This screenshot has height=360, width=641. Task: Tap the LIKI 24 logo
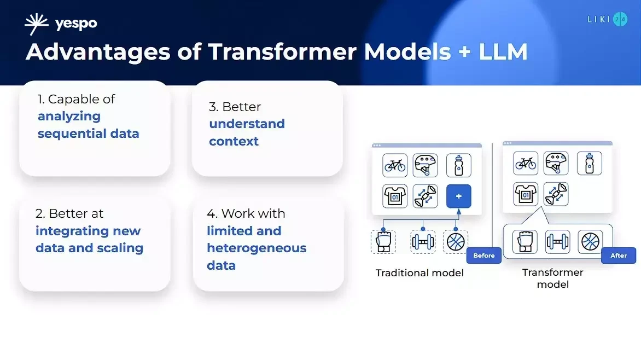607,20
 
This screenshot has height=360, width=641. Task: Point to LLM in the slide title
503,52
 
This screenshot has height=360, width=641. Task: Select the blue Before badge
483,256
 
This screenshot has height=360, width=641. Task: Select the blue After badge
618,256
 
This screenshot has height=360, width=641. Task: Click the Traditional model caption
419,273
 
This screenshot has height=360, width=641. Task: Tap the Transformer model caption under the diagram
552,278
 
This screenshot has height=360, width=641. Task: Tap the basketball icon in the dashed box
455,241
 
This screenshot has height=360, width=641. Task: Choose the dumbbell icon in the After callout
557,241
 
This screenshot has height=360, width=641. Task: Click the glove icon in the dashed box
383,241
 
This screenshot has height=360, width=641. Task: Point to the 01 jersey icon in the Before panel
395,196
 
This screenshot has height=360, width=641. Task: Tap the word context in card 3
234,141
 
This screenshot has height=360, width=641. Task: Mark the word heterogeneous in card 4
257,248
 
